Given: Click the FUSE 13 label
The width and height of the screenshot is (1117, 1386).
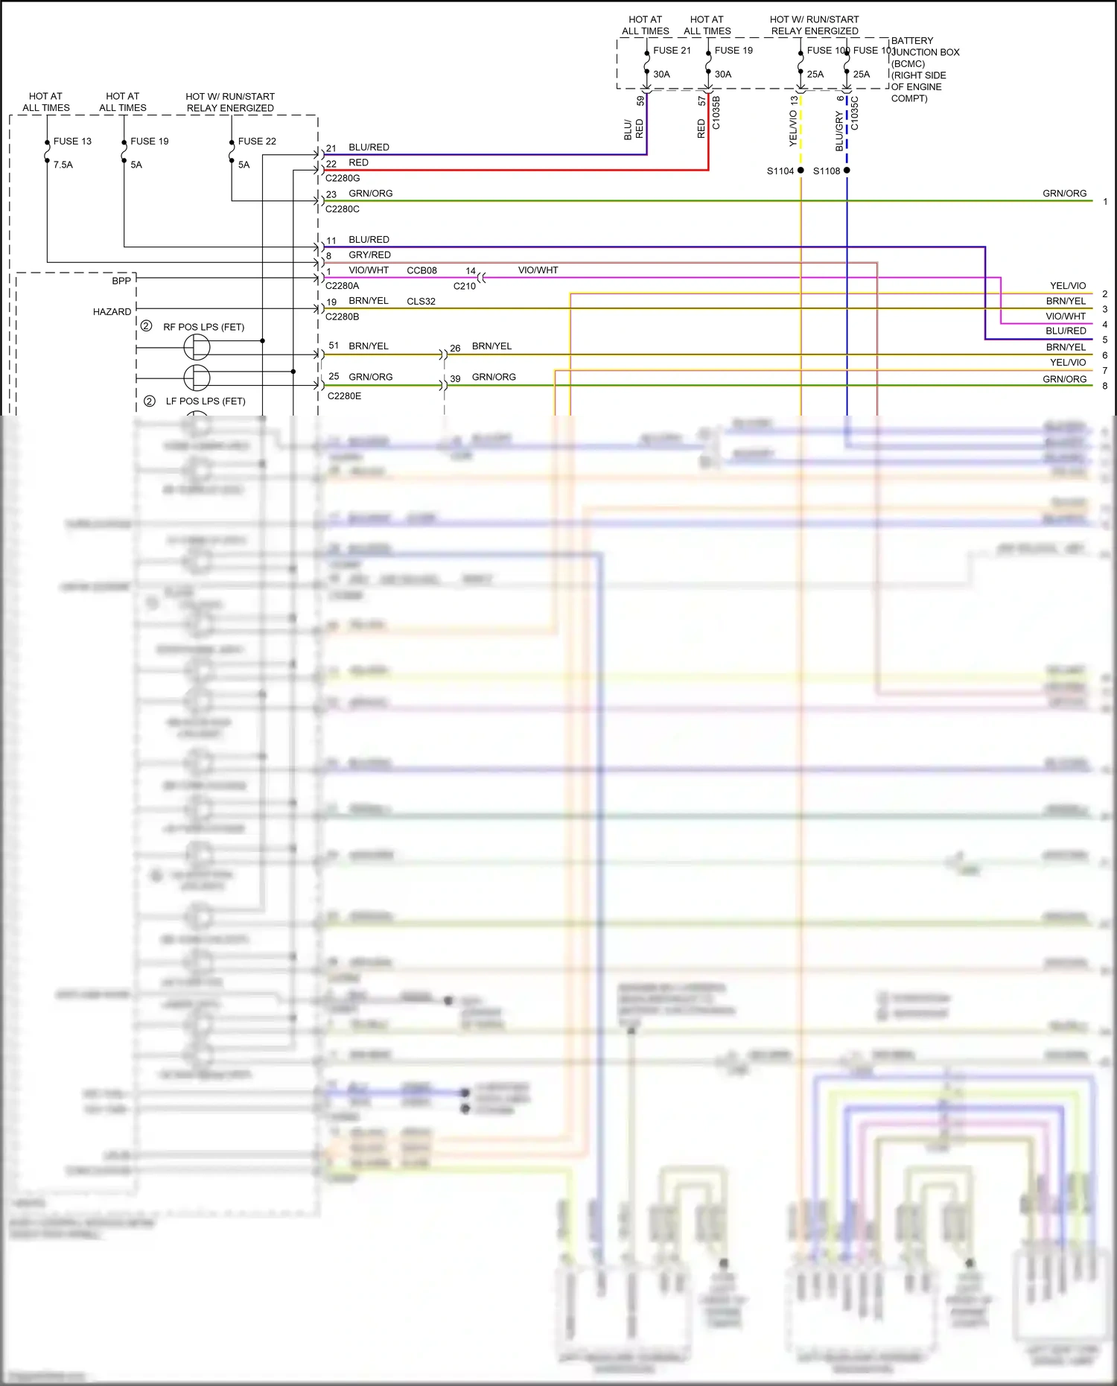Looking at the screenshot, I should click(x=72, y=141).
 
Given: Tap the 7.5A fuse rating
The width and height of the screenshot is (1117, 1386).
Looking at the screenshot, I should click(x=63, y=165).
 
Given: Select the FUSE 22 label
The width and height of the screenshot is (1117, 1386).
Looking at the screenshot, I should click(x=257, y=141).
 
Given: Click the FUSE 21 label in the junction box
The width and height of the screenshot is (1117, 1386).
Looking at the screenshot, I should click(x=672, y=51).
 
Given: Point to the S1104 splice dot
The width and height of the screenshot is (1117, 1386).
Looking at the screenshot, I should click(x=801, y=171).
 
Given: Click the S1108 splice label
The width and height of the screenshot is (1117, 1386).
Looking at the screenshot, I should click(x=826, y=171).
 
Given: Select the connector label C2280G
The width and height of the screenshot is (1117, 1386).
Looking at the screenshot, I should click(x=343, y=178).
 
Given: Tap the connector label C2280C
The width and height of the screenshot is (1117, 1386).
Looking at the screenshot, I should click(x=343, y=209).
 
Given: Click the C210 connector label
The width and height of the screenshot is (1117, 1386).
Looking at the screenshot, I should click(x=464, y=286).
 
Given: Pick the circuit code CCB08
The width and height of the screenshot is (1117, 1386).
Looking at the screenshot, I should click(x=421, y=270).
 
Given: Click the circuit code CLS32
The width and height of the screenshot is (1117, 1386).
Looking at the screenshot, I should click(x=421, y=302).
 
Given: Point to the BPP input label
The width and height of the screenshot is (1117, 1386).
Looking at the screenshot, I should click(x=121, y=281).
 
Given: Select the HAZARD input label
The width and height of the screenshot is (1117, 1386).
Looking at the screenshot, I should click(x=112, y=312).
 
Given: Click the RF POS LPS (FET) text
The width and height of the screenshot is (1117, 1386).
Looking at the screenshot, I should click(x=203, y=327).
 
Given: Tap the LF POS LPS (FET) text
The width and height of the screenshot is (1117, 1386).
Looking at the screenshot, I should click(x=206, y=401).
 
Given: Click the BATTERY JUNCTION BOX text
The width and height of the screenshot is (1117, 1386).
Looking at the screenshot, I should click(x=925, y=46).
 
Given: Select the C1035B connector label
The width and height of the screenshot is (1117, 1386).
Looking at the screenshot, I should click(x=716, y=112).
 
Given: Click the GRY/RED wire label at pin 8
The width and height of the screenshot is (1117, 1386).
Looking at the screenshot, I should click(x=369, y=255).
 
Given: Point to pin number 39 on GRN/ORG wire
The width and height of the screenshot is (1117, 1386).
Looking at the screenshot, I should click(x=455, y=378).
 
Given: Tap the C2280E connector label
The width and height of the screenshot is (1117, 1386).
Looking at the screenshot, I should click(x=344, y=396).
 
